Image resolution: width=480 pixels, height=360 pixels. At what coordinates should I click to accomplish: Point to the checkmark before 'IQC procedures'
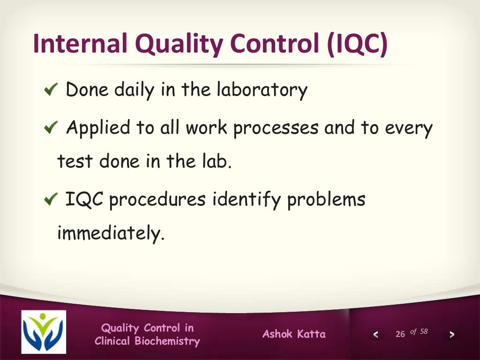(50, 200)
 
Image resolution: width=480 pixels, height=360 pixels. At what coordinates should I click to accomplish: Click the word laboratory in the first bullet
(262, 90)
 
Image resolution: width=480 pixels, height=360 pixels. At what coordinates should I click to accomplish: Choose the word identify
(246, 200)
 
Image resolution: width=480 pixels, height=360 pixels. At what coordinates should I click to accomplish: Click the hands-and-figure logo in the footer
(44, 332)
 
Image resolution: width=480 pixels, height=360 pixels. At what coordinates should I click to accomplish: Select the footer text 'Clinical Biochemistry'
(147, 341)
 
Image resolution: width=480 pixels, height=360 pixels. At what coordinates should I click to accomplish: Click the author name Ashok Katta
(294, 334)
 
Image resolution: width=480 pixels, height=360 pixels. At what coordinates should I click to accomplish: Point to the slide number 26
(400, 334)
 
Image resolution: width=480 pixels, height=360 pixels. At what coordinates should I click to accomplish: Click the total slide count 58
(424, 332)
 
